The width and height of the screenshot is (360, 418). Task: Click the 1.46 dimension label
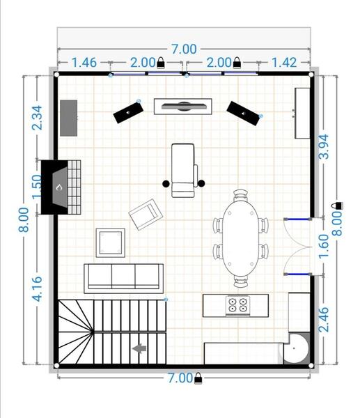click(x=84, y=63)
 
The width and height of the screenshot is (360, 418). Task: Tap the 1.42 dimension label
click(x=284, y=63)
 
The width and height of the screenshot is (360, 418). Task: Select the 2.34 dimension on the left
click(x=38, y=118)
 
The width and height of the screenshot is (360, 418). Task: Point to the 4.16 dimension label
click(x=38, y=288)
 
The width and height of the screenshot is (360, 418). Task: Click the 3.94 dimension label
click(x=324, y=147)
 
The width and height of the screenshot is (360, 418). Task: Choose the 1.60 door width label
click(x=324, y=246)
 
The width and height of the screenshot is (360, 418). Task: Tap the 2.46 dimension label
click(x=324, y=319)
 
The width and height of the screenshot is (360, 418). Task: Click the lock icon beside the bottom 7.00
click(x=198, y=378)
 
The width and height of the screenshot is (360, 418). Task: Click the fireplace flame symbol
click(x=59, y=187)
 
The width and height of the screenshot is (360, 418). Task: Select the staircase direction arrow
click(x=139, y=348)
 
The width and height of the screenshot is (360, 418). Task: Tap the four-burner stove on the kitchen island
click(x=237, y=306)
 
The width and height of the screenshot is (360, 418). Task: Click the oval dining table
click(x=241, y=238)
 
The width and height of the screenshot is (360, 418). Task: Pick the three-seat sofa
click(x=124, y=279)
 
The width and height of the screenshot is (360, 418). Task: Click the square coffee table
click(x=111, y=243)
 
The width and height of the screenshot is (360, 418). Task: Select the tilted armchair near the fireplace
click(x=146, y=215)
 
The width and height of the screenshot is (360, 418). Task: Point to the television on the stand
click(x=184, y=106)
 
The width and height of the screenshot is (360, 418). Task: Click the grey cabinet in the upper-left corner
click(x=68, y=118)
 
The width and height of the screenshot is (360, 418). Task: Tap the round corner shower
click(x=297, y=348)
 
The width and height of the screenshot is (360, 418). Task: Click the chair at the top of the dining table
click(x=241, y=195)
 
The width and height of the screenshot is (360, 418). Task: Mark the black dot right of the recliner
click(x=201, y=183)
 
